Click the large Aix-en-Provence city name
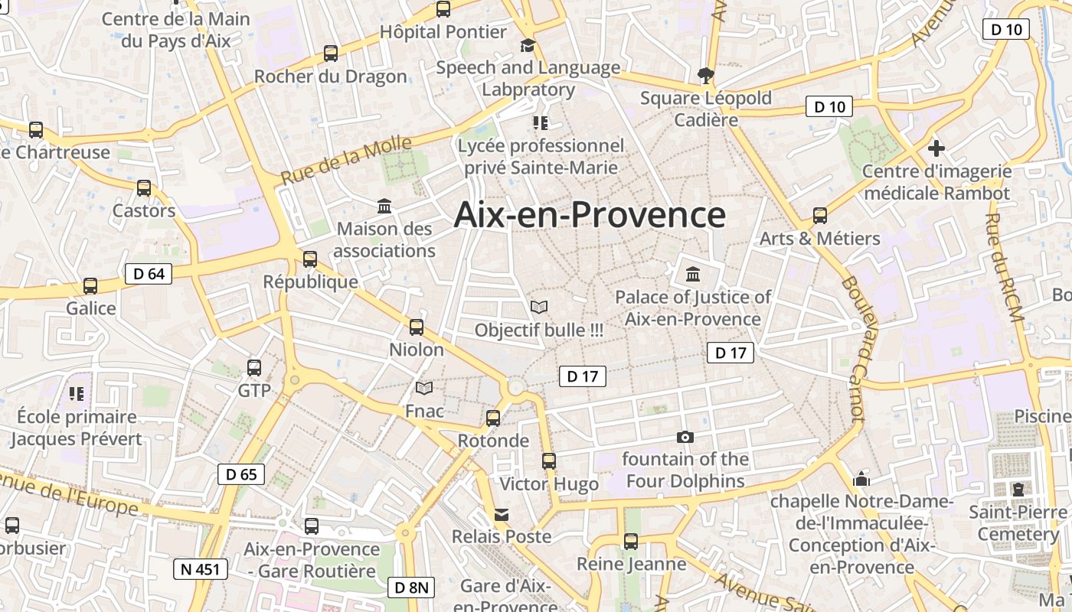click(590, 214)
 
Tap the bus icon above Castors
click(144, 188)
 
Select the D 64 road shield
click(149, 274)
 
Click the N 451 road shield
click(201, 569)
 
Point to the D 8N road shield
click(412, 588)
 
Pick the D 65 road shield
click(241, 474)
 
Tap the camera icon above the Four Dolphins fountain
click(685, 438)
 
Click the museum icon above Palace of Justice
click(693, 274)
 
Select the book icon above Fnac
click(423, 389)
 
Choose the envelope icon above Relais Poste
click(502, 515)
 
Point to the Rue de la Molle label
click(346, 160)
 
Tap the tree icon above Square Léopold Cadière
click(705, 75)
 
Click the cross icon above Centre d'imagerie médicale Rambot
click(936, 148)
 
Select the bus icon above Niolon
click(417, 327)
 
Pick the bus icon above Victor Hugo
click(549, 461)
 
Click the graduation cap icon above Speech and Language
click(528, 46)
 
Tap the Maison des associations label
click(384, 239)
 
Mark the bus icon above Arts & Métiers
click(820, 216)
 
